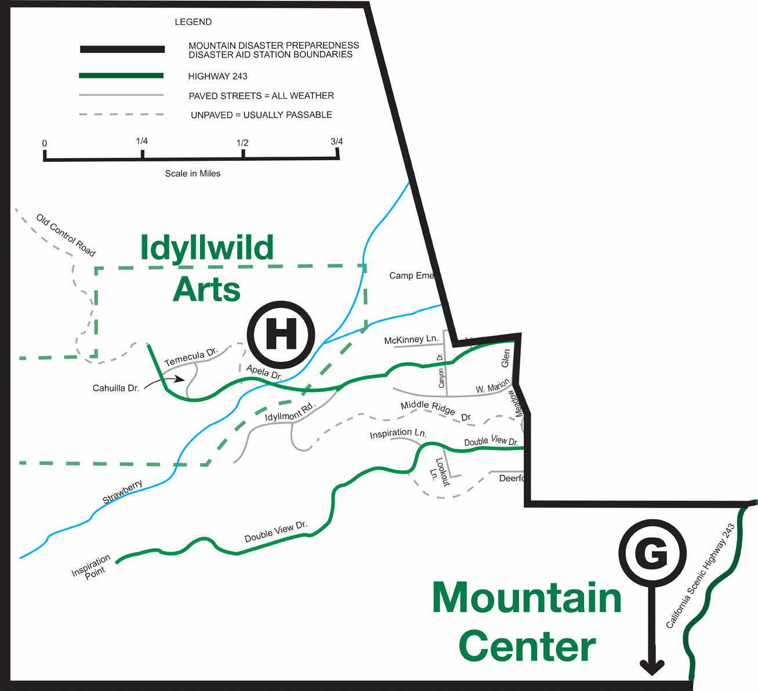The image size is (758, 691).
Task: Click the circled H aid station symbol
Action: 281,334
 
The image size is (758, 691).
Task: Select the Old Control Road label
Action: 66,235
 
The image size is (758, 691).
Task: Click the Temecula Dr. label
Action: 191,357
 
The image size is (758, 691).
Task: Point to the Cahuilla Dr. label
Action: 116,388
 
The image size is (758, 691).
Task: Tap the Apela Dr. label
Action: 264,372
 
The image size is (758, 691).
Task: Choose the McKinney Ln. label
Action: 411,340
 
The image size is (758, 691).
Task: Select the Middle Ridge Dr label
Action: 435,411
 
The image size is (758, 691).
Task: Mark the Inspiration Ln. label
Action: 398,433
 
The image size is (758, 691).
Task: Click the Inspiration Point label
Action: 92,567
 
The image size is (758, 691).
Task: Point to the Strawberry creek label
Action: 122,492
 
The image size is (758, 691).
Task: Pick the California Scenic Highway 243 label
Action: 700,576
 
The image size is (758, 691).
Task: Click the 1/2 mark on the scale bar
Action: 243,153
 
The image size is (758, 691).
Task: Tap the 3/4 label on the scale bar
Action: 336,142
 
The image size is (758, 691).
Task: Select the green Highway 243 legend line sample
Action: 121,76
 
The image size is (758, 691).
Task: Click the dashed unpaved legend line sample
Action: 121,114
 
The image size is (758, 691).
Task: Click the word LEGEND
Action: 193,22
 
